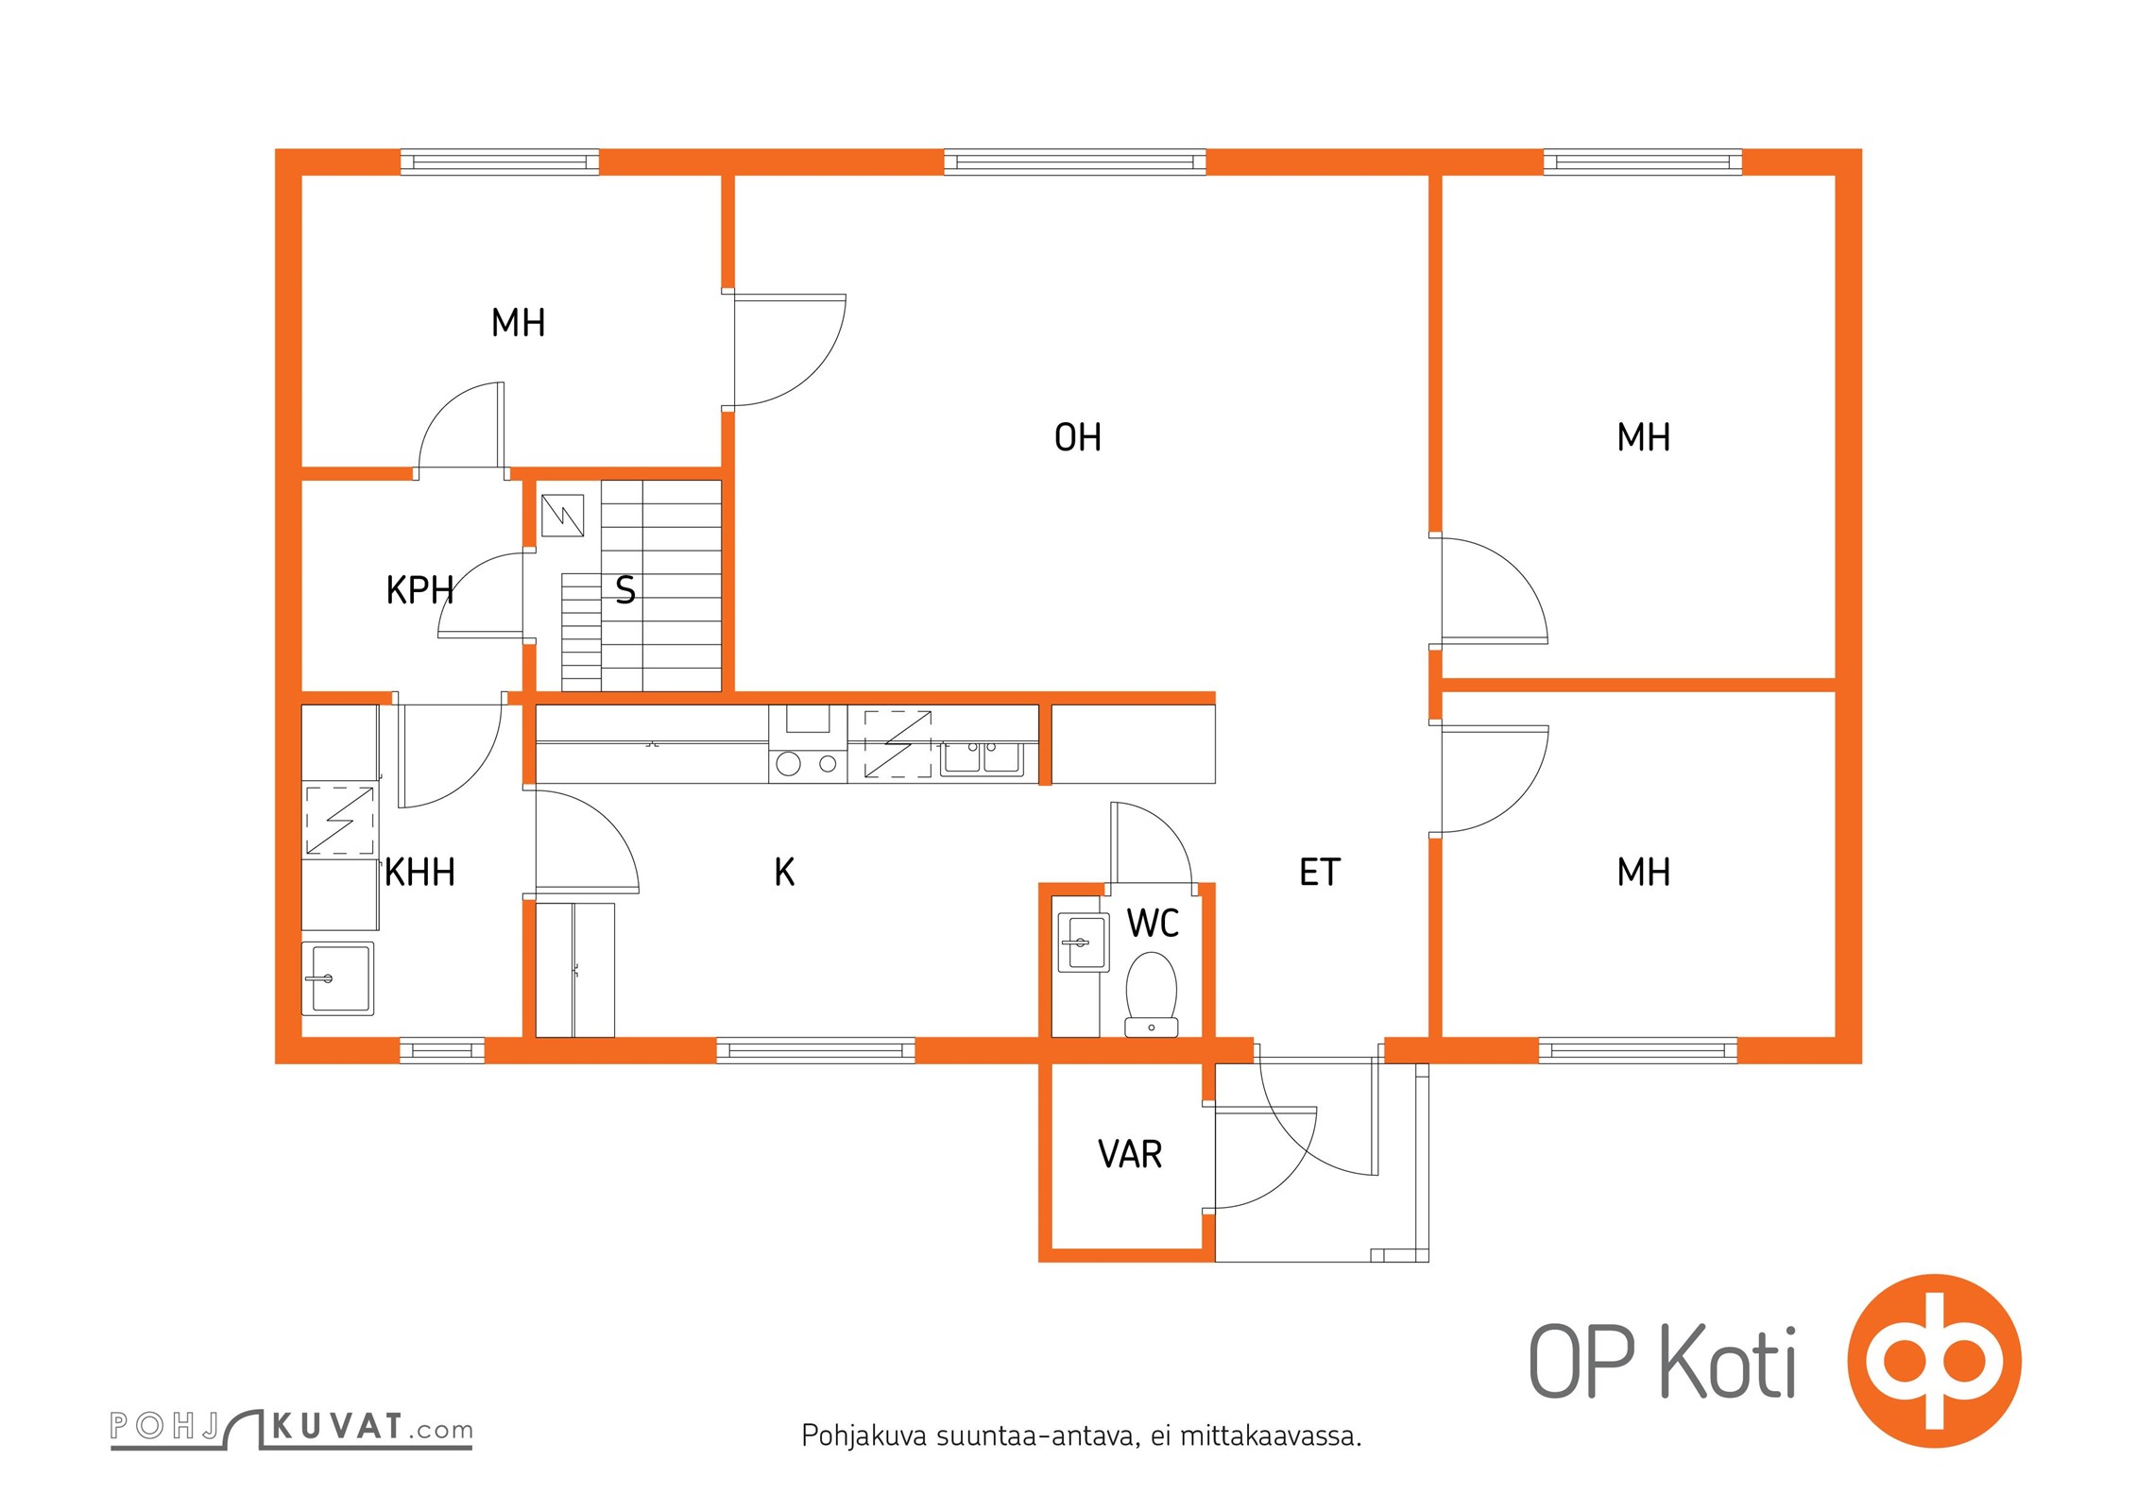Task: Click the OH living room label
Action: [1077, 437]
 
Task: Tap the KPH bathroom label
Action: [419, 590]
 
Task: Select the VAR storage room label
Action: [1130, 1154]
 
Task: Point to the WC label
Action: [1153, 923]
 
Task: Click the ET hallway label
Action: [1320, 872]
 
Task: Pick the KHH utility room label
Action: [420, 872]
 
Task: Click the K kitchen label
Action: [784, 872]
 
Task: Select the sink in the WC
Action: [1083, 942]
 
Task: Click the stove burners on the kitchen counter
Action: [808, 763]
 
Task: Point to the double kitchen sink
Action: [982, 757]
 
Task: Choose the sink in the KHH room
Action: [338, 978]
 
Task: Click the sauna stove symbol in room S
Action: [562, 516]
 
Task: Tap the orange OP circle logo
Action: [1935, 1361]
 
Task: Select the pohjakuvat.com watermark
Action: [291, 1428]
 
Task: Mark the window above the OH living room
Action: [1075, 162]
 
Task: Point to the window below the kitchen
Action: [815, 1050]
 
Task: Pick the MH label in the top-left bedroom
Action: [518, 323]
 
